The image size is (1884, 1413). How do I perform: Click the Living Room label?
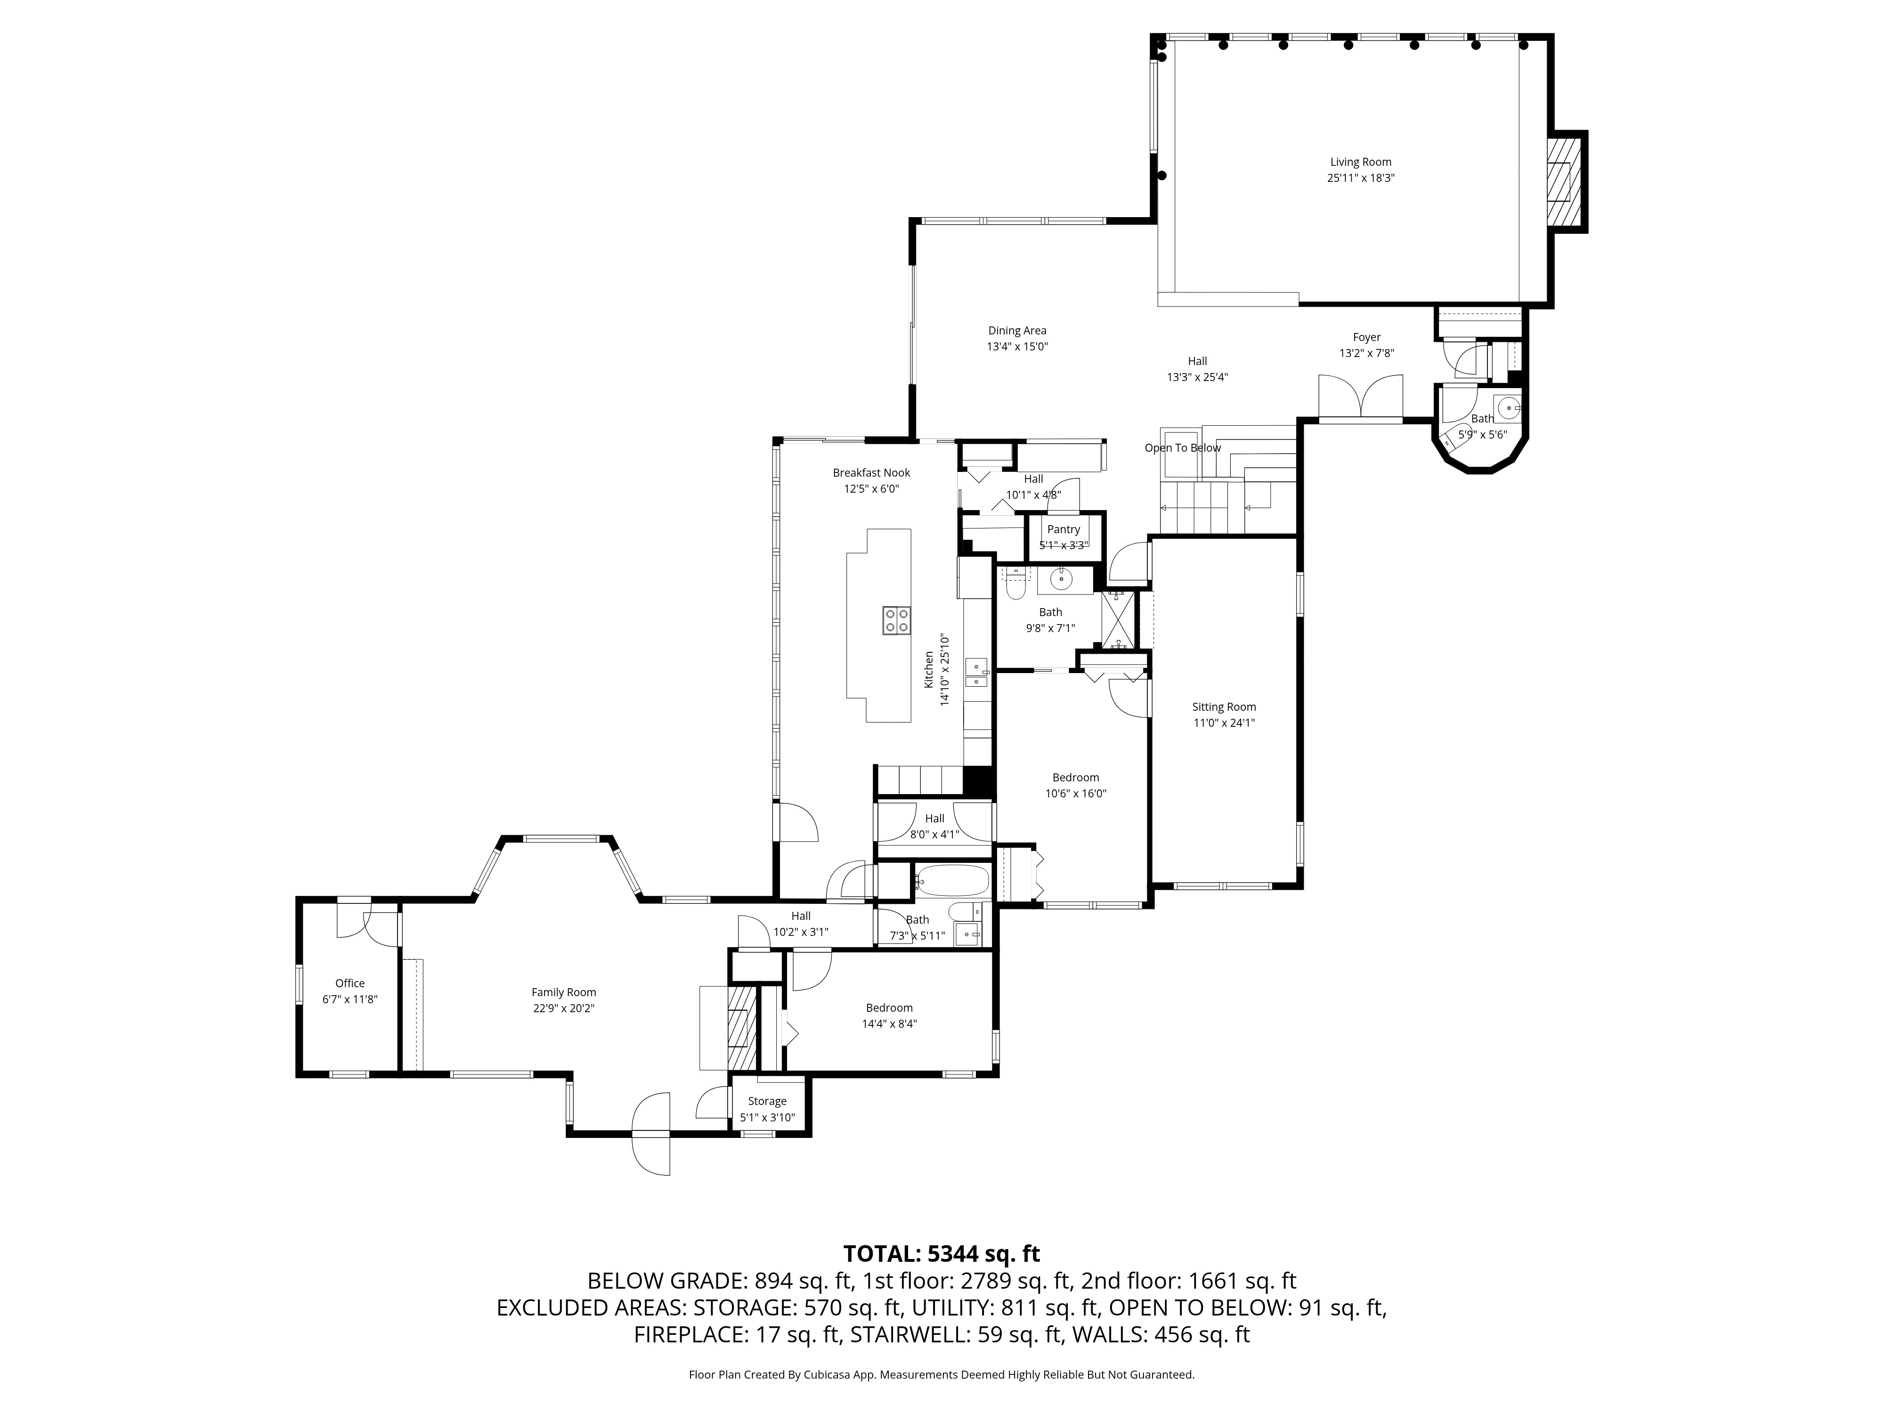coord(1360,162)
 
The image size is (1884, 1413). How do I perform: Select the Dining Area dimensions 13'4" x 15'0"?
coord(1017,347)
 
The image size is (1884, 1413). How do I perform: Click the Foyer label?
coord(1366,337)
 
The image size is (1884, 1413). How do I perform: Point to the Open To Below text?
coord(1182,448)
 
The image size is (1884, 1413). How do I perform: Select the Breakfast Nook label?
coord(871,473)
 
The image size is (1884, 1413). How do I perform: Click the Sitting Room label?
coord(1223,707)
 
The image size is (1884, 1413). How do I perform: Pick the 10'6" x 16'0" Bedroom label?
coord(1075,778)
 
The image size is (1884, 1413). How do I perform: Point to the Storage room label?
coord(766,1101)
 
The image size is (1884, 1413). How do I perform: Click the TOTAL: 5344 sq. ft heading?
coord(941,1254)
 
